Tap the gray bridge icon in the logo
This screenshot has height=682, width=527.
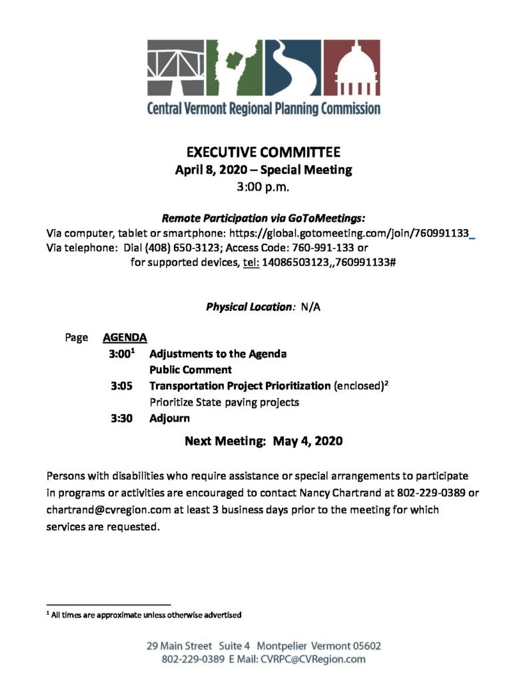(177, 69)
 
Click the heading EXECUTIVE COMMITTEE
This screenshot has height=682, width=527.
(263, 153)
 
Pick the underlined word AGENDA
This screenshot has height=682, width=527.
(125, 338)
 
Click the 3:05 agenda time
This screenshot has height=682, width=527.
(121, 386)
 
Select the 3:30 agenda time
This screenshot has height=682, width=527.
(121, 418)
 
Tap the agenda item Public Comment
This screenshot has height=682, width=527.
(191, 370)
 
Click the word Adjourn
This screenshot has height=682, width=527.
(169, 418)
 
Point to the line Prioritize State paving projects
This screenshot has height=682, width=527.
(225, 402)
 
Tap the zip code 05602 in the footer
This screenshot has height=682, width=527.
(362, 646)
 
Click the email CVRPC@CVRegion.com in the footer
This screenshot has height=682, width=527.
(314, 659)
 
